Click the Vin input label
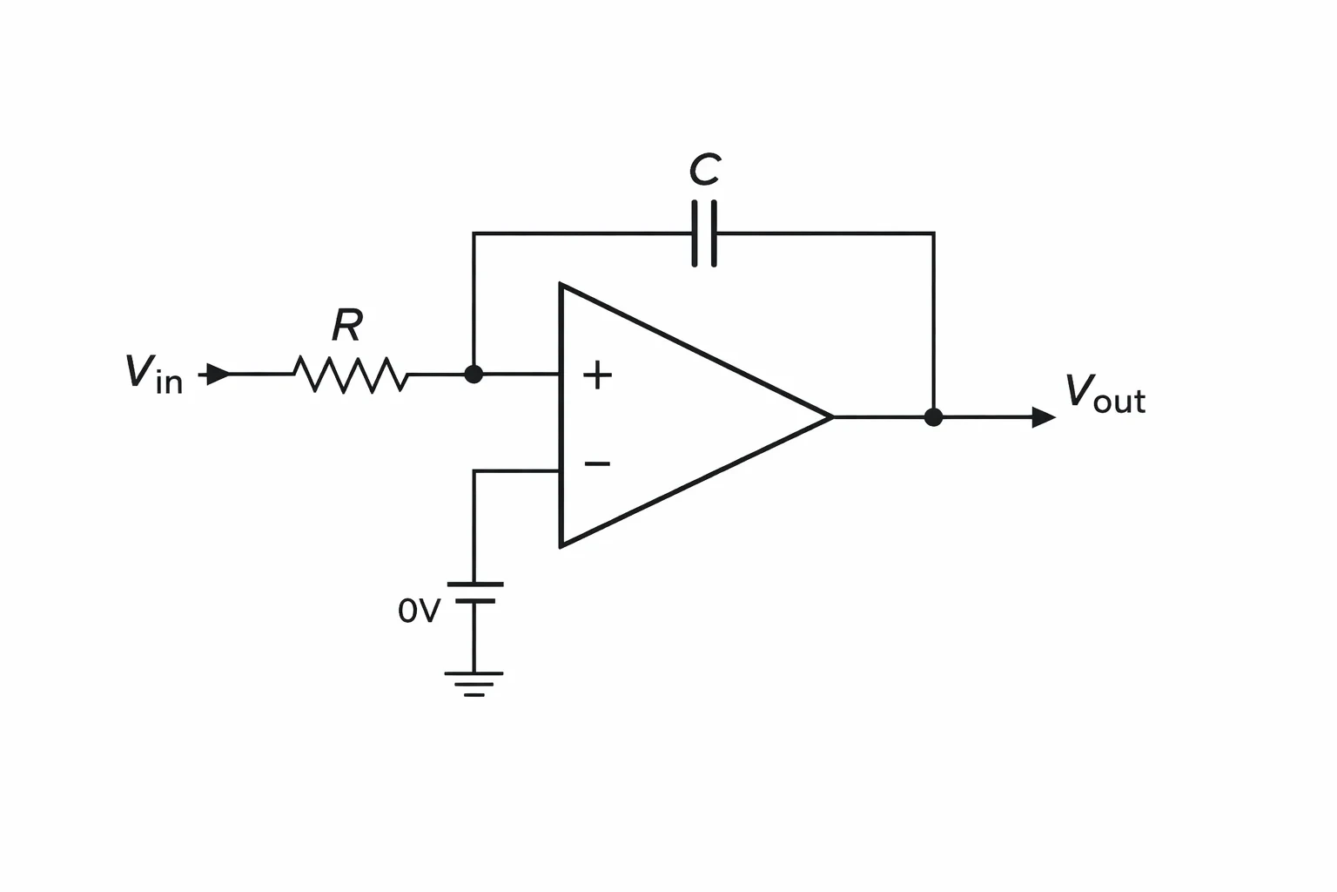click(154, 374)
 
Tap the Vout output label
click(1105, 393)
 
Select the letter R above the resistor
click(347, 325)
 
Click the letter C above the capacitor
click(705, 169)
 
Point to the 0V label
click(419, 611)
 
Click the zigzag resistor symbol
click(351, 375)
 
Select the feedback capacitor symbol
click(704, 233)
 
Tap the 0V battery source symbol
click(475, 592)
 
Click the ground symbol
click(474, 684)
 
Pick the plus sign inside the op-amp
click(597, 375)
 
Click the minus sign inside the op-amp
click(597, 463)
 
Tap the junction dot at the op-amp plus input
click(474, 375)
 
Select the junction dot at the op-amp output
click(933, 417)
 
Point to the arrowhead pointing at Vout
click(1044, 417)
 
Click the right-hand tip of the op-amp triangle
click(833, 417)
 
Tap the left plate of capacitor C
click(695, 233)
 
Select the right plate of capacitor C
click(714, 233)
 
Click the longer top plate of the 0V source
click(475, 585)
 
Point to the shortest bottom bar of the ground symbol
click(474, 695)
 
